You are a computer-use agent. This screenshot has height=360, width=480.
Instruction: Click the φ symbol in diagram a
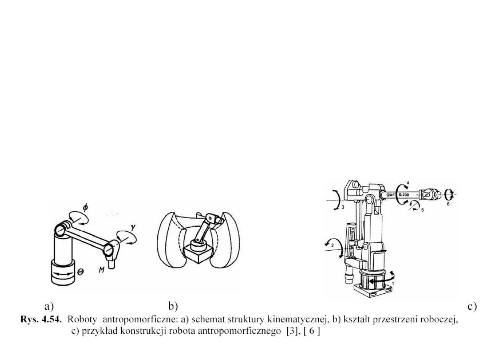[85, 207]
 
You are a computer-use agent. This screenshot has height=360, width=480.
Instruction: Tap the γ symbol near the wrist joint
[132, 227]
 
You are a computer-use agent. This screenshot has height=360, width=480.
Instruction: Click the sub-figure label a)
[49, 306]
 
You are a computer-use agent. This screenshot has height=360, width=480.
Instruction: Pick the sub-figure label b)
[173, 306]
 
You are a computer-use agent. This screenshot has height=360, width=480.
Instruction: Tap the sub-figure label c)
[472, 306]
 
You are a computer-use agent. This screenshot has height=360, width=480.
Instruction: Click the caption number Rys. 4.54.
[41, 319]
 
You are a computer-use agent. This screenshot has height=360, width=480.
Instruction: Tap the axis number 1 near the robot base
[393, 284]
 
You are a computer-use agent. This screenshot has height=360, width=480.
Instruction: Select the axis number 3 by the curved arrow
[343, 207]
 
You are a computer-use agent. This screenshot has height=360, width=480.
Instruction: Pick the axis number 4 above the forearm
[408, 183]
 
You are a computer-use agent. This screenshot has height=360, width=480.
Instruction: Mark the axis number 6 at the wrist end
[448, 204]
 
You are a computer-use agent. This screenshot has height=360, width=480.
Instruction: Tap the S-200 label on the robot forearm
[404, 194]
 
